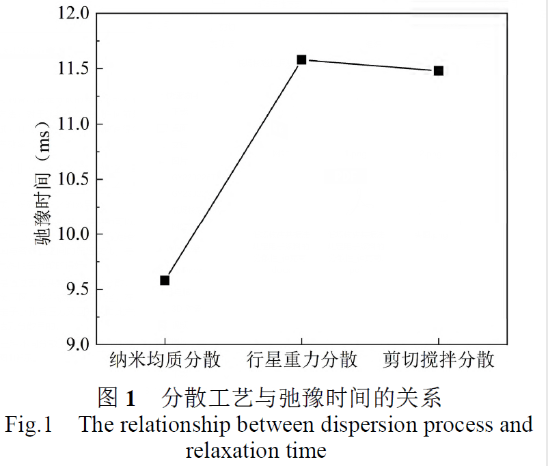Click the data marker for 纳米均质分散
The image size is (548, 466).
click(165, 280)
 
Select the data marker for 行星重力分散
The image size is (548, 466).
click(301, 59)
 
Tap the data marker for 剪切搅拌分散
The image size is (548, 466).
click(439, 70)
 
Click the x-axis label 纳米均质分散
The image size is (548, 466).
click(165, 360)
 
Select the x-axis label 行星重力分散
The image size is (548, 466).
click(302, 360)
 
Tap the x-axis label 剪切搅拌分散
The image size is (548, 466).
click(439, 360)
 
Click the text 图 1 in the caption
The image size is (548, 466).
click(117, 397)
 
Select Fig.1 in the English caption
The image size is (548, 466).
click(29, 424)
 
